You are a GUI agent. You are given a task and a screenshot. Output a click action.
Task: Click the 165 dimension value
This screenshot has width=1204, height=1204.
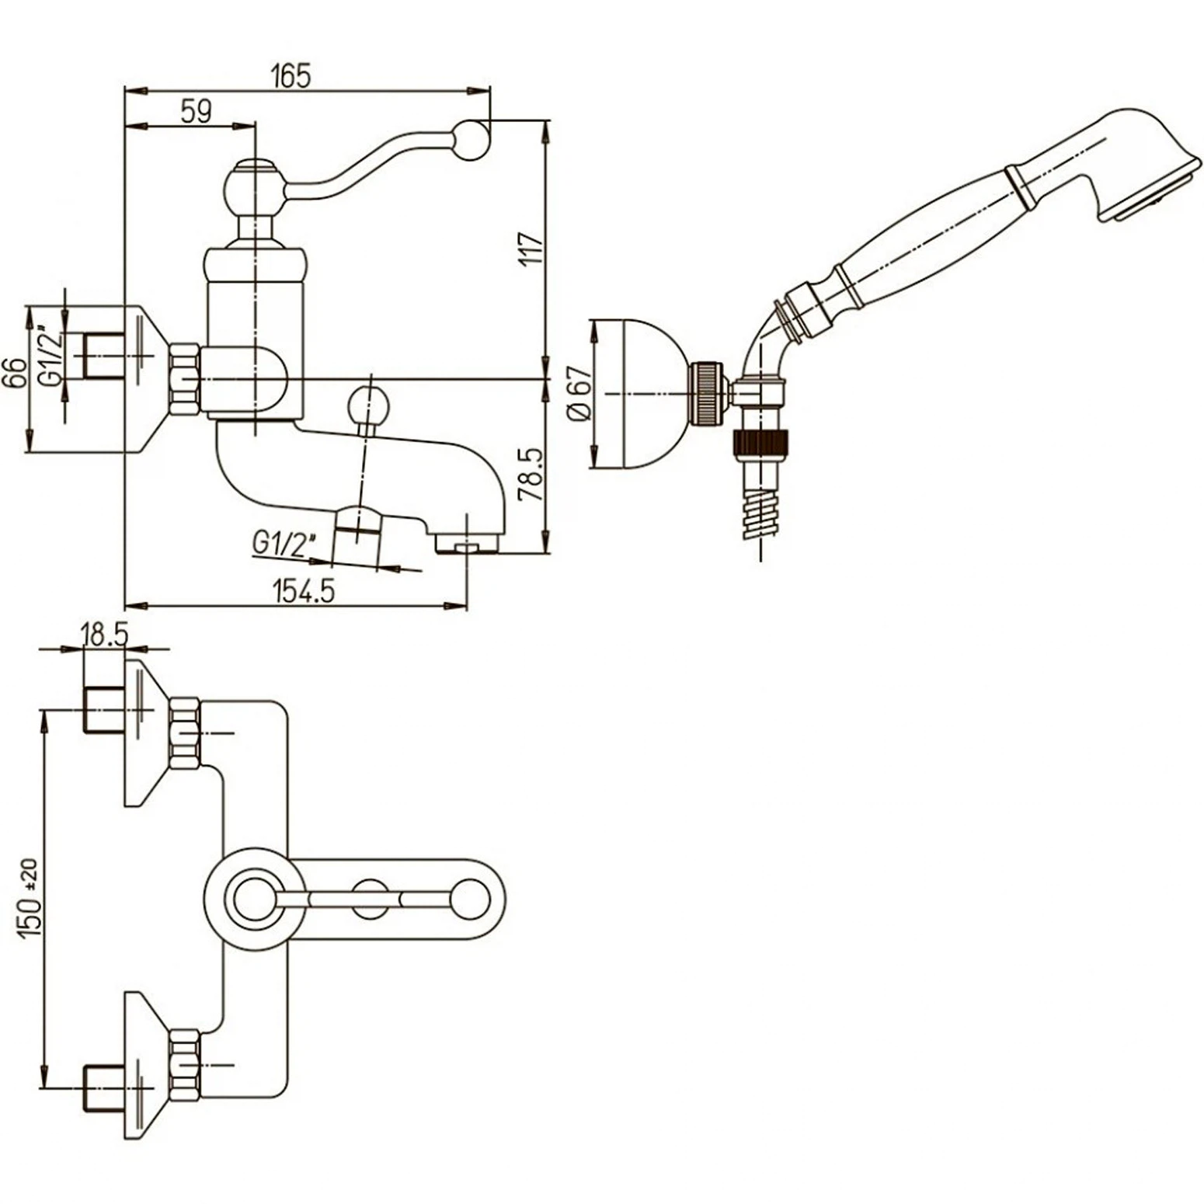click(291, 76)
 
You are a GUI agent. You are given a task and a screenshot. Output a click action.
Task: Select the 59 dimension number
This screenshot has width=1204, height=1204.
click(196, 111)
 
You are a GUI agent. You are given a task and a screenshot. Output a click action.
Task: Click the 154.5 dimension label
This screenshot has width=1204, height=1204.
click(304, 591)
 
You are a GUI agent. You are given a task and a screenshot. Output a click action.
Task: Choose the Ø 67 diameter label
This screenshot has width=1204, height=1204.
click(580, 394)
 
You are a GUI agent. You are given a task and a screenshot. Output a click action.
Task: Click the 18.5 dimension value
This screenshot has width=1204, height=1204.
click(104, 635)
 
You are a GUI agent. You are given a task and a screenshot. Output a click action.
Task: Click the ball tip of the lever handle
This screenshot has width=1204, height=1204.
click(472, 140)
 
